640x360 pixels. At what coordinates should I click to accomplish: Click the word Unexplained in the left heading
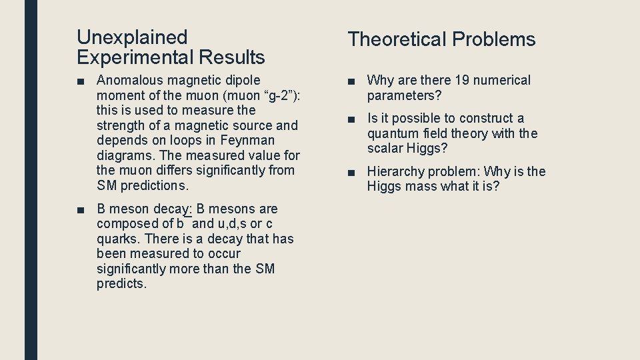(x=132, y=37)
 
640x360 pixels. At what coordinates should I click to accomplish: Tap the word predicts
(x=121, y=284)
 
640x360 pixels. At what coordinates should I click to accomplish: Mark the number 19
(x=461, y=80)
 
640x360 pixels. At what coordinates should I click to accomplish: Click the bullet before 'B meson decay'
(x=81, y=209)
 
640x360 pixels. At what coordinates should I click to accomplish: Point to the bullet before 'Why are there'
(x=351, y=81)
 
